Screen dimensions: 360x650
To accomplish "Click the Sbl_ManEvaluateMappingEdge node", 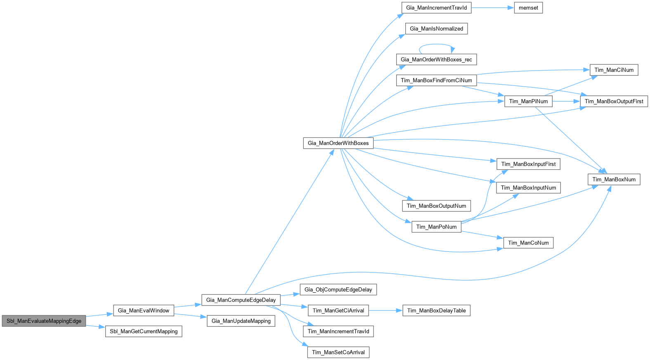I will [44, 321].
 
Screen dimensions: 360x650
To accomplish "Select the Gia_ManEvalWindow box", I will [144, 310].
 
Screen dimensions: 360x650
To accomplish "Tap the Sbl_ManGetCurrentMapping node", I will [144, 332].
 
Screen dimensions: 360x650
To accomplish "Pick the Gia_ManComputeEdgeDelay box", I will [241, 300].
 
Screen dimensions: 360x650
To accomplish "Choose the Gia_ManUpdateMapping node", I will [241, 321].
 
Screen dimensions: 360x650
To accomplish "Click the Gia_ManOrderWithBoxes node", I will [338, 143].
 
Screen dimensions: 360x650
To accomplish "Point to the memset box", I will [528, 8].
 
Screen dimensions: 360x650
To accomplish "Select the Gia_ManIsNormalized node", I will [436, 29].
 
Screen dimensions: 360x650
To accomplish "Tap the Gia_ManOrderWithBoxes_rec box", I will [436, 59].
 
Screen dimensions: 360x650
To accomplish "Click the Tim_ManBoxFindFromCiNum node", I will [436, 81].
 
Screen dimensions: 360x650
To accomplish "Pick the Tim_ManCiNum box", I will [614, 70].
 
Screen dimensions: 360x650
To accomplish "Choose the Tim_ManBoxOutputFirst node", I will [614, 102].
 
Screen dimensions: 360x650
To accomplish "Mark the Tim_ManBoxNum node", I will [614, 180].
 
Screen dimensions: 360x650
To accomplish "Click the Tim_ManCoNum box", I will [528, 243].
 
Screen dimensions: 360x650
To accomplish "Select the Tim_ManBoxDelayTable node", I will [436, 311].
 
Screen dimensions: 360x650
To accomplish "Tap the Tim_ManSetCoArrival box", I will [338, 353].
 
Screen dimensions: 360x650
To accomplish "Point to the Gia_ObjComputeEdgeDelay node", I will [338, 290].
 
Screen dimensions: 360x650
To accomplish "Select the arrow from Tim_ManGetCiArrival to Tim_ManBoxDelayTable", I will [385, 311].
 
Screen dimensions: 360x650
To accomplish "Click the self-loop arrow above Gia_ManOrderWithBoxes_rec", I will [437, 45].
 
